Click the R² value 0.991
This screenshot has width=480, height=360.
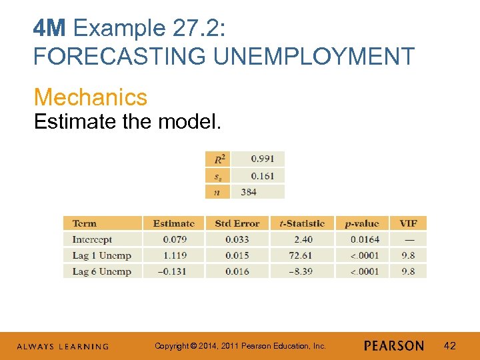tap(263, 159)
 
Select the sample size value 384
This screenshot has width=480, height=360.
tap(249, 192)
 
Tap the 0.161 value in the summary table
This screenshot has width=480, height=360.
tap(263, 175)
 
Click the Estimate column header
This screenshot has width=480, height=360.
tap(174, 223)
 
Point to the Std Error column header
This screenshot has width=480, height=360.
tap(237, 223)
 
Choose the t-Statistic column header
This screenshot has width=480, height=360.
tap(301, 223)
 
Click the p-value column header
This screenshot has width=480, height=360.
tap(361, 223)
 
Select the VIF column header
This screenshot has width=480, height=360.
tap(409, 223)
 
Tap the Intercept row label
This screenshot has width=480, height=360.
tap(92, 239)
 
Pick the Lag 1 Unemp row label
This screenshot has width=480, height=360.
tap(101, 255)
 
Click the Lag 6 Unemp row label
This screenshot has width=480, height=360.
tap(101, 271)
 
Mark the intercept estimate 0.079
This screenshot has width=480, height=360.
tap(174, 239)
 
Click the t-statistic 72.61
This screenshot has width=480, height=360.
tap(299, 255)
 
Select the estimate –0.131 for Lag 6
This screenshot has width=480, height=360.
tap(173, 271)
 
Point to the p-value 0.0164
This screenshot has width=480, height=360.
tap(365, 239)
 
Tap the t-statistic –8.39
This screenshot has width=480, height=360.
tap(299, 271)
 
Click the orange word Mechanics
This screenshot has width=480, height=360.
tap(91, 97)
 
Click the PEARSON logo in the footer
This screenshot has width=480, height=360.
tap(394, 346)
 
